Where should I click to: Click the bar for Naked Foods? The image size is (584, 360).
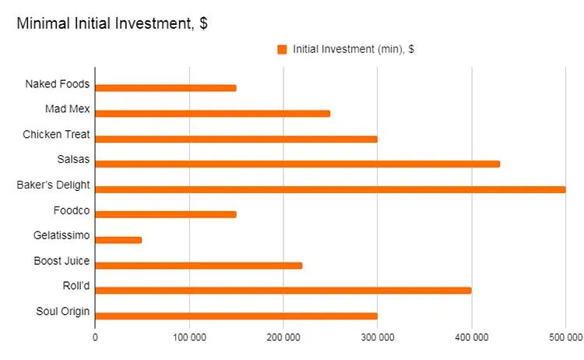tap(165, 88)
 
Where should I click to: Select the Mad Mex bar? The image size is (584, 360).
tap(212, 113)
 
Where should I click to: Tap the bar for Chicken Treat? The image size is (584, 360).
tap(236, 139)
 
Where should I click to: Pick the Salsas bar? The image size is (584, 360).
tap(297, 164)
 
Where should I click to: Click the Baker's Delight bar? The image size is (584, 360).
tap(329, 189)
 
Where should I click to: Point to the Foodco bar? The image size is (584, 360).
tap(165, 214)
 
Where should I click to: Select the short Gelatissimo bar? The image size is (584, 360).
tap(118, 240)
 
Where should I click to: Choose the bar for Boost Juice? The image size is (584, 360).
tap(198, 265)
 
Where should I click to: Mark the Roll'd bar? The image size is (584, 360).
tap(283, 291)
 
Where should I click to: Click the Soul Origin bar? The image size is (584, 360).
tap(236, 316)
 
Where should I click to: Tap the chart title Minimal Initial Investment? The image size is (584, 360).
tap(112, 23)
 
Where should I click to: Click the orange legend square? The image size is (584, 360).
tap(282, 49)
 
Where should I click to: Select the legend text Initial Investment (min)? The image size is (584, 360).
tap(353, 49)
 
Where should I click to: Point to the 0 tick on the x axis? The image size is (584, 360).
tap(95, 337)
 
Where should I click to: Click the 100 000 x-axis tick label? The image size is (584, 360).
tap(188, 337)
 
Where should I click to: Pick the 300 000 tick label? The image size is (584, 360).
tap(377, 337)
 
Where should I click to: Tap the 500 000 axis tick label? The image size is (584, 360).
tap(565, 337)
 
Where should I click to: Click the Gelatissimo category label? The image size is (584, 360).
tap(62, 235)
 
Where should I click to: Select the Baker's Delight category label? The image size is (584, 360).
tap(54, 185)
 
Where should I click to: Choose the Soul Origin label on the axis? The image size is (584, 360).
tap(62, 312)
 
